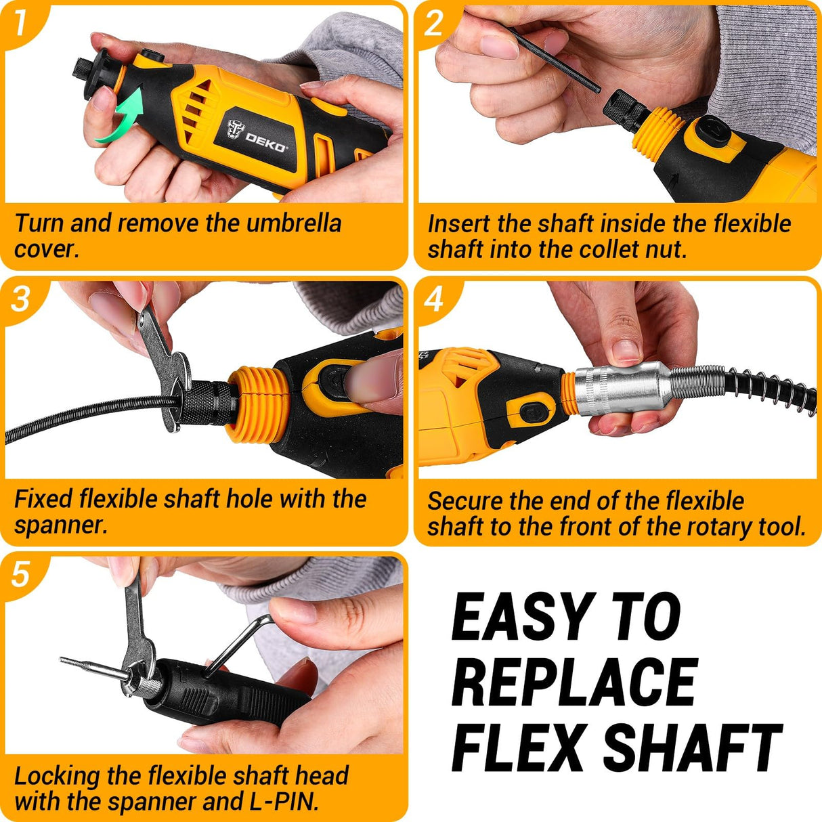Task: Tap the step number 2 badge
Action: [x=434, y=23]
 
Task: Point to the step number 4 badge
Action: [x=434, y=298]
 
